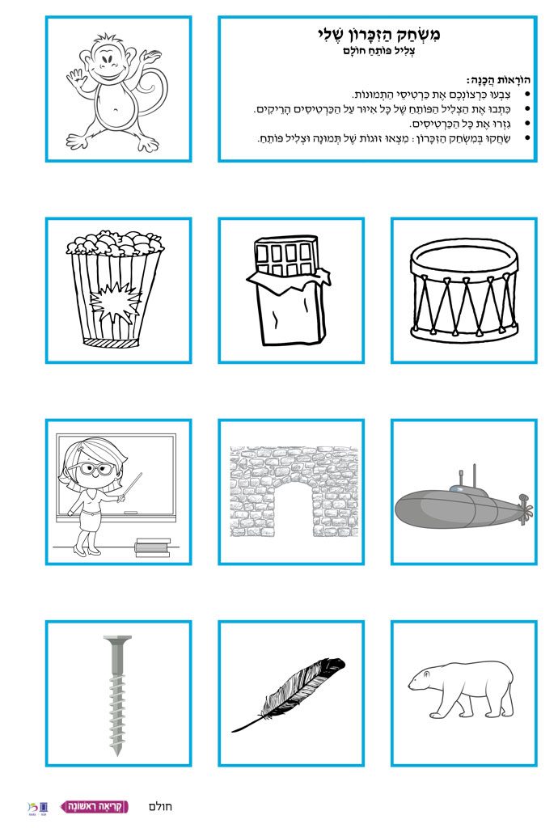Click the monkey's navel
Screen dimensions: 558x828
pyautogui.click(x=112, y=111)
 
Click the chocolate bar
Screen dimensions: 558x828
pyautogui.click(x=288, y=289)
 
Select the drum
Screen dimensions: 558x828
pyautogui.click(x=463, y=290)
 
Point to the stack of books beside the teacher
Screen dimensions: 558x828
pyautogui.click(x=153, y=547)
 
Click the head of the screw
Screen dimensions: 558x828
pyautogui.click(x=117, y=640)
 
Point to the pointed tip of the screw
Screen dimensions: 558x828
pyautogui.click(x=117, y=754)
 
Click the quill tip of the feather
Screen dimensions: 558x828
pyautogui.click(x=234, y=730)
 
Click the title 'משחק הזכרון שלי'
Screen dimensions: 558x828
pyautogui.click(x=378, y=34)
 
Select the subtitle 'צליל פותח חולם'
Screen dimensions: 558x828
pyautogui.click(x=378, y=51)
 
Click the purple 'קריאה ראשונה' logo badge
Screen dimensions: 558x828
pyautogui.click(x=95, y=806)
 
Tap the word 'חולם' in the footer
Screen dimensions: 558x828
pyautogui.click(x=160, y=806)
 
